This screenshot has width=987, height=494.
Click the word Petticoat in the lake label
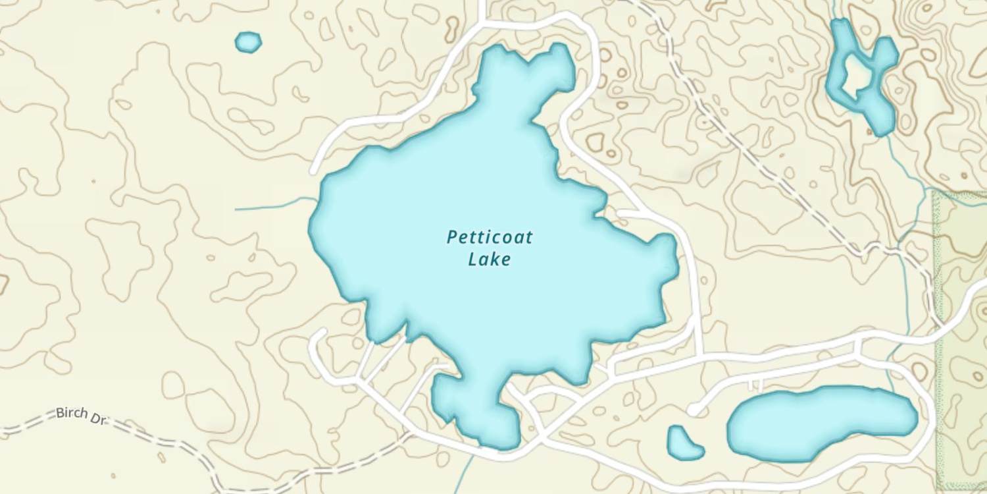[490, 237]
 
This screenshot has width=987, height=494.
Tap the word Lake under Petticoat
[490, 260]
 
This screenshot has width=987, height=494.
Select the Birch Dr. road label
[80, 416]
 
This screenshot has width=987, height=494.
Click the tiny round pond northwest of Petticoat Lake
[248, 42]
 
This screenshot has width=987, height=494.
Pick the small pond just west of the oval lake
[684, 443]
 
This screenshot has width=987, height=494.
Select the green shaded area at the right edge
[961, 329]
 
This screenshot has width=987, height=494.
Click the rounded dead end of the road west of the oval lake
[693, 410]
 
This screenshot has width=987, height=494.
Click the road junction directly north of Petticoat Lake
[484, 24]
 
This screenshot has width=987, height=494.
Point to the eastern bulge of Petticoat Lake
[658, 263]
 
